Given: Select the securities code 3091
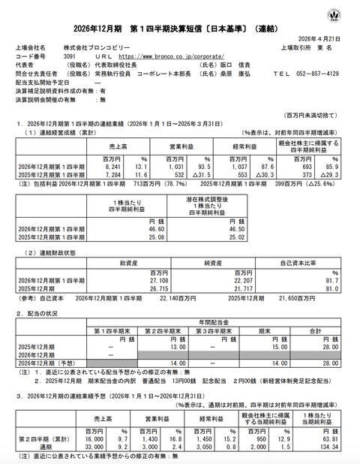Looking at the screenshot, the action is point(70,56).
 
